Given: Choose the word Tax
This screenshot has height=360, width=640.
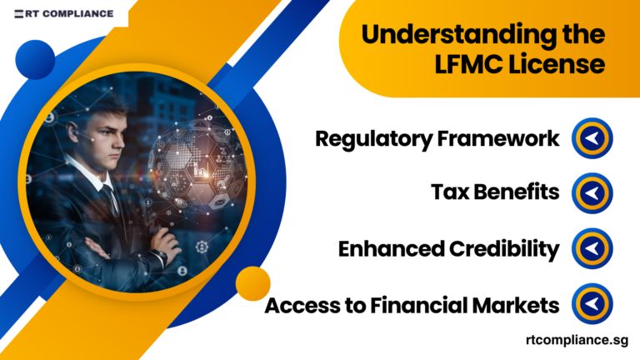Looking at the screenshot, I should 448,193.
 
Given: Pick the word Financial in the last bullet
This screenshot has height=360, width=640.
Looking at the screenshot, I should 423,306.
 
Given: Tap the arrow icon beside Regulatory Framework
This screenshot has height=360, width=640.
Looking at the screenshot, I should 592,139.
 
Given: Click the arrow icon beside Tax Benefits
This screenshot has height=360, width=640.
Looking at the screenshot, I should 592,193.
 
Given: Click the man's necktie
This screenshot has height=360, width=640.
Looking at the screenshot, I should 108,200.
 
